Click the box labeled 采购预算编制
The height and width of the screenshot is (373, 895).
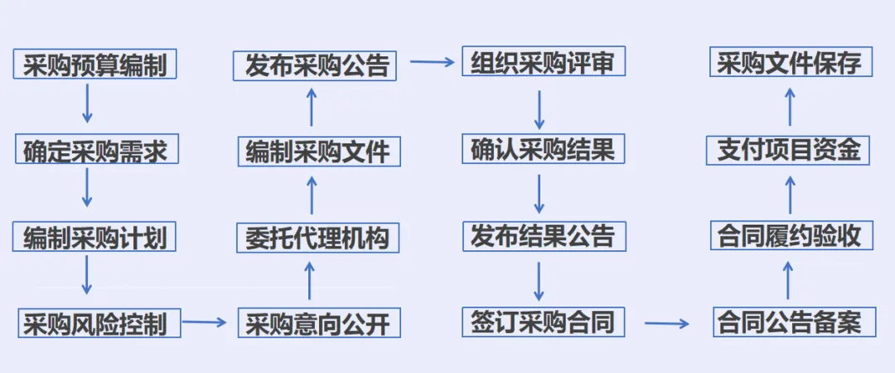coord(95,65)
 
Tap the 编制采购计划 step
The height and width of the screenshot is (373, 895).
coord(95,237)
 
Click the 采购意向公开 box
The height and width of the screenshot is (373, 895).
coord(317,322)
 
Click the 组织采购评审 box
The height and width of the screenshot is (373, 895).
coord(543,63)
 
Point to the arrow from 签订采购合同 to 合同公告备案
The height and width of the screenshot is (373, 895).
coord(667,322)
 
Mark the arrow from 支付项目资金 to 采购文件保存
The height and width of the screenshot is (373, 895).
coord(790,107)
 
